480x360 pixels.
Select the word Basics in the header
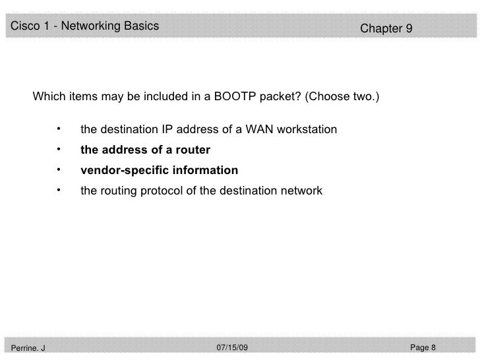click(x=141, y=26)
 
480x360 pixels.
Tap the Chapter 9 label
click(x=386, y=29)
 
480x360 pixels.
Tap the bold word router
click(x=194, y=150)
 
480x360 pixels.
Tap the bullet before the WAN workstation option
click(x=59, y=127)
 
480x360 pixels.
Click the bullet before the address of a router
click(x=59, y=148)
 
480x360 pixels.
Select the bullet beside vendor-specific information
click(x=59, y=169)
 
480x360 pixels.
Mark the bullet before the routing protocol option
click(x=59, y=190)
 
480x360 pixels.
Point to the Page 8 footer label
click(x=423, y=347)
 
